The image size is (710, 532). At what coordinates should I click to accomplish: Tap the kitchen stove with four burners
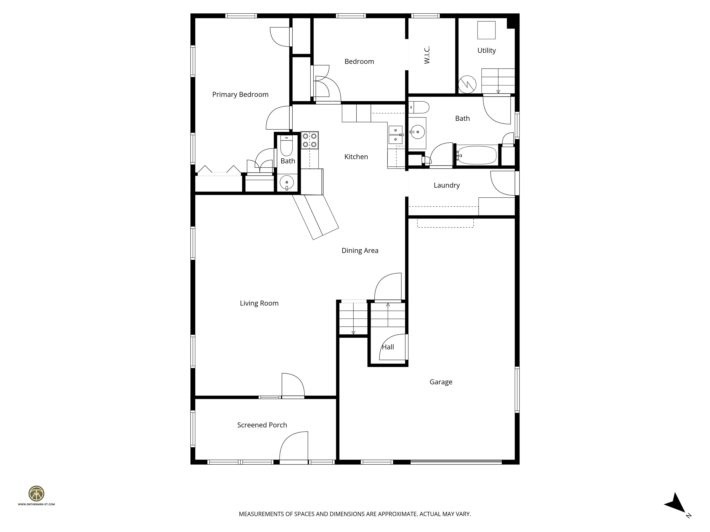click(x=309, y=140)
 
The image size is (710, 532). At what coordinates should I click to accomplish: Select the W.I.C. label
click(x=427, y=55)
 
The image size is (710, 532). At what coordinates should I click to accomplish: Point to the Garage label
click(x=441, y=382)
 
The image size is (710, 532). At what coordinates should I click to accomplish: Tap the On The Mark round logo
click(x=36, y=493)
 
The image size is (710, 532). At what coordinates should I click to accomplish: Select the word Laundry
click(x=447, y=185)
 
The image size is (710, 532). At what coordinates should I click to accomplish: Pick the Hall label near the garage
click(x=388, y=347)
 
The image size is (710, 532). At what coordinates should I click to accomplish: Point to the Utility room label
click(x=486, y=51)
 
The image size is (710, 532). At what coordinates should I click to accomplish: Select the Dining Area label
click(x=360, y=251)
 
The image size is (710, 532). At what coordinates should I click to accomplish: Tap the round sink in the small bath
click(x=287, y=183)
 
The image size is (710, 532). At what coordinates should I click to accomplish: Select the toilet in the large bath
click(x=419, y=107)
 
